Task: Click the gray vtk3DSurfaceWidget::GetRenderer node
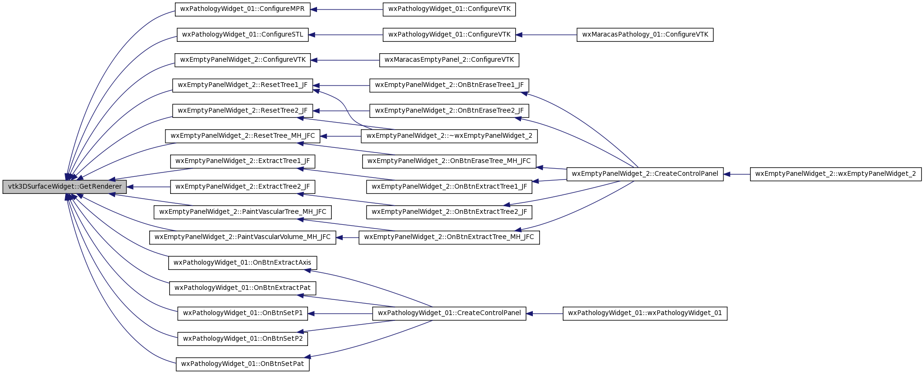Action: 65,187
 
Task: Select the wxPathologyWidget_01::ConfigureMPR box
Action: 242,10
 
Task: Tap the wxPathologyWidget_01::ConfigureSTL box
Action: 242,35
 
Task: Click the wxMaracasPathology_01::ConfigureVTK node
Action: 645,35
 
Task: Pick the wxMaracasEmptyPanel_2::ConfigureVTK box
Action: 449,60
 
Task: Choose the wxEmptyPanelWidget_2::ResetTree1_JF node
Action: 242,86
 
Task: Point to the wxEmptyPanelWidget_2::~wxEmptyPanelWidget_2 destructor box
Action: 449,136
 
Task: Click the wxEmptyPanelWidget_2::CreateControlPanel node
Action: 645,174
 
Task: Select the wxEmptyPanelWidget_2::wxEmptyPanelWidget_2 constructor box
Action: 836,174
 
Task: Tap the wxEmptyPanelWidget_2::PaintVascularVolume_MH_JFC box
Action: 242,237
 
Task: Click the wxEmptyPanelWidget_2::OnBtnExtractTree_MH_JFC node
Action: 449,237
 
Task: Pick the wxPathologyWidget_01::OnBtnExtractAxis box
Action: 242,263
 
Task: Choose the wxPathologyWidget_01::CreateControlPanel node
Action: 449,313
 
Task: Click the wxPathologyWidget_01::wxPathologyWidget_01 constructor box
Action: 645,313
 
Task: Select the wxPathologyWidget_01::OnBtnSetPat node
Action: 242,364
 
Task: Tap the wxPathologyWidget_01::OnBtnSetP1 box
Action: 242,313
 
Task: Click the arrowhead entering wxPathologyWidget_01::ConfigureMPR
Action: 314,10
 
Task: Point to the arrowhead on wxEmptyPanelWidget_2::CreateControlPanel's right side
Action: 727,174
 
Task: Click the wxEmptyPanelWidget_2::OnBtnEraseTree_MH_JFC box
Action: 449,161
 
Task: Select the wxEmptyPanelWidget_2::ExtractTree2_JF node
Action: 242,187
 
